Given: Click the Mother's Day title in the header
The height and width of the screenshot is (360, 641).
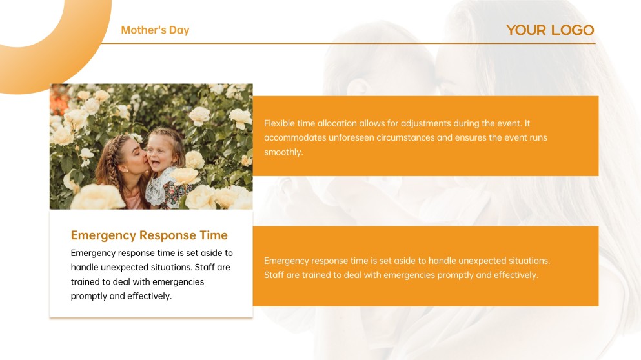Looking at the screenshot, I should tap(155, 30).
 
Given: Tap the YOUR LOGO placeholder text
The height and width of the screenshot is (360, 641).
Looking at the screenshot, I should tap(550, 30).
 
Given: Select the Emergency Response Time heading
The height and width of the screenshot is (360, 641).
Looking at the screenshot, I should tap(149, 235).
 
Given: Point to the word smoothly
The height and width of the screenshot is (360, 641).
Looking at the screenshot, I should tap(283, 152).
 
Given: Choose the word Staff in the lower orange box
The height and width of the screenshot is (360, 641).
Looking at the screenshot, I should tap(275, 275).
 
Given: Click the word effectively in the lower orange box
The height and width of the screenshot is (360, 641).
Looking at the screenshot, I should tap(516, 275).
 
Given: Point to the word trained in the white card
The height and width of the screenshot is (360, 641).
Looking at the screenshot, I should tap(86, 282).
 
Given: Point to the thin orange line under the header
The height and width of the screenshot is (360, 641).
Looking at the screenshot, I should tap(349, 43).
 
